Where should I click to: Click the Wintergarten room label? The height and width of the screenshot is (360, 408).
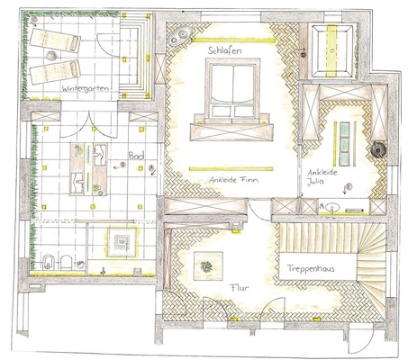[x=85, y=89]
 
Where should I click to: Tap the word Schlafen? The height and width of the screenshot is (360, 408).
[x=225, y=50]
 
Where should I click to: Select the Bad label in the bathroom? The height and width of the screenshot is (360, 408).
[x=136, y=155]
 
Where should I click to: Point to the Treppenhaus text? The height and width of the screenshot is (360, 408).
[x=311, y=268]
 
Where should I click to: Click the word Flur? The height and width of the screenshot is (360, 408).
[x=240, y=288]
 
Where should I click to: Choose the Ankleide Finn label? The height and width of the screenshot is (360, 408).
[x=233, y=180]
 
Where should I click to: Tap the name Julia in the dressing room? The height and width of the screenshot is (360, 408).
[x=315, y=182]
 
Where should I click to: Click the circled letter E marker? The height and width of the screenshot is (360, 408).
[x=349, y=186]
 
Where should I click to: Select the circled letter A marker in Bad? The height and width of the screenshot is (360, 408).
[x=151, y=167]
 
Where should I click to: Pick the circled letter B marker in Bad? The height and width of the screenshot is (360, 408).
[x=122, y=165]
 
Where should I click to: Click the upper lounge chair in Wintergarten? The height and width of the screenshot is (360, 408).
[x=55, y=40]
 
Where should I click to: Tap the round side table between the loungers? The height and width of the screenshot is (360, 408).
[x=51, y=56]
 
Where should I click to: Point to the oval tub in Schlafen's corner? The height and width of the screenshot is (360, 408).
[x=179, y=35]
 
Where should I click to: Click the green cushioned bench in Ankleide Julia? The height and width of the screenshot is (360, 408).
[x=345, y=143]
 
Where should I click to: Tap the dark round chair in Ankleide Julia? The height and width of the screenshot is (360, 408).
[x=378, y=148]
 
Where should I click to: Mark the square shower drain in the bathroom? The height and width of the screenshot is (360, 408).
[x=122, y=241]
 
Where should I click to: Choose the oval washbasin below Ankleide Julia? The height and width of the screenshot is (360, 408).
[x=332, y=208]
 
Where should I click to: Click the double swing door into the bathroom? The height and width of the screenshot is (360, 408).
[x=88, y=124]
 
